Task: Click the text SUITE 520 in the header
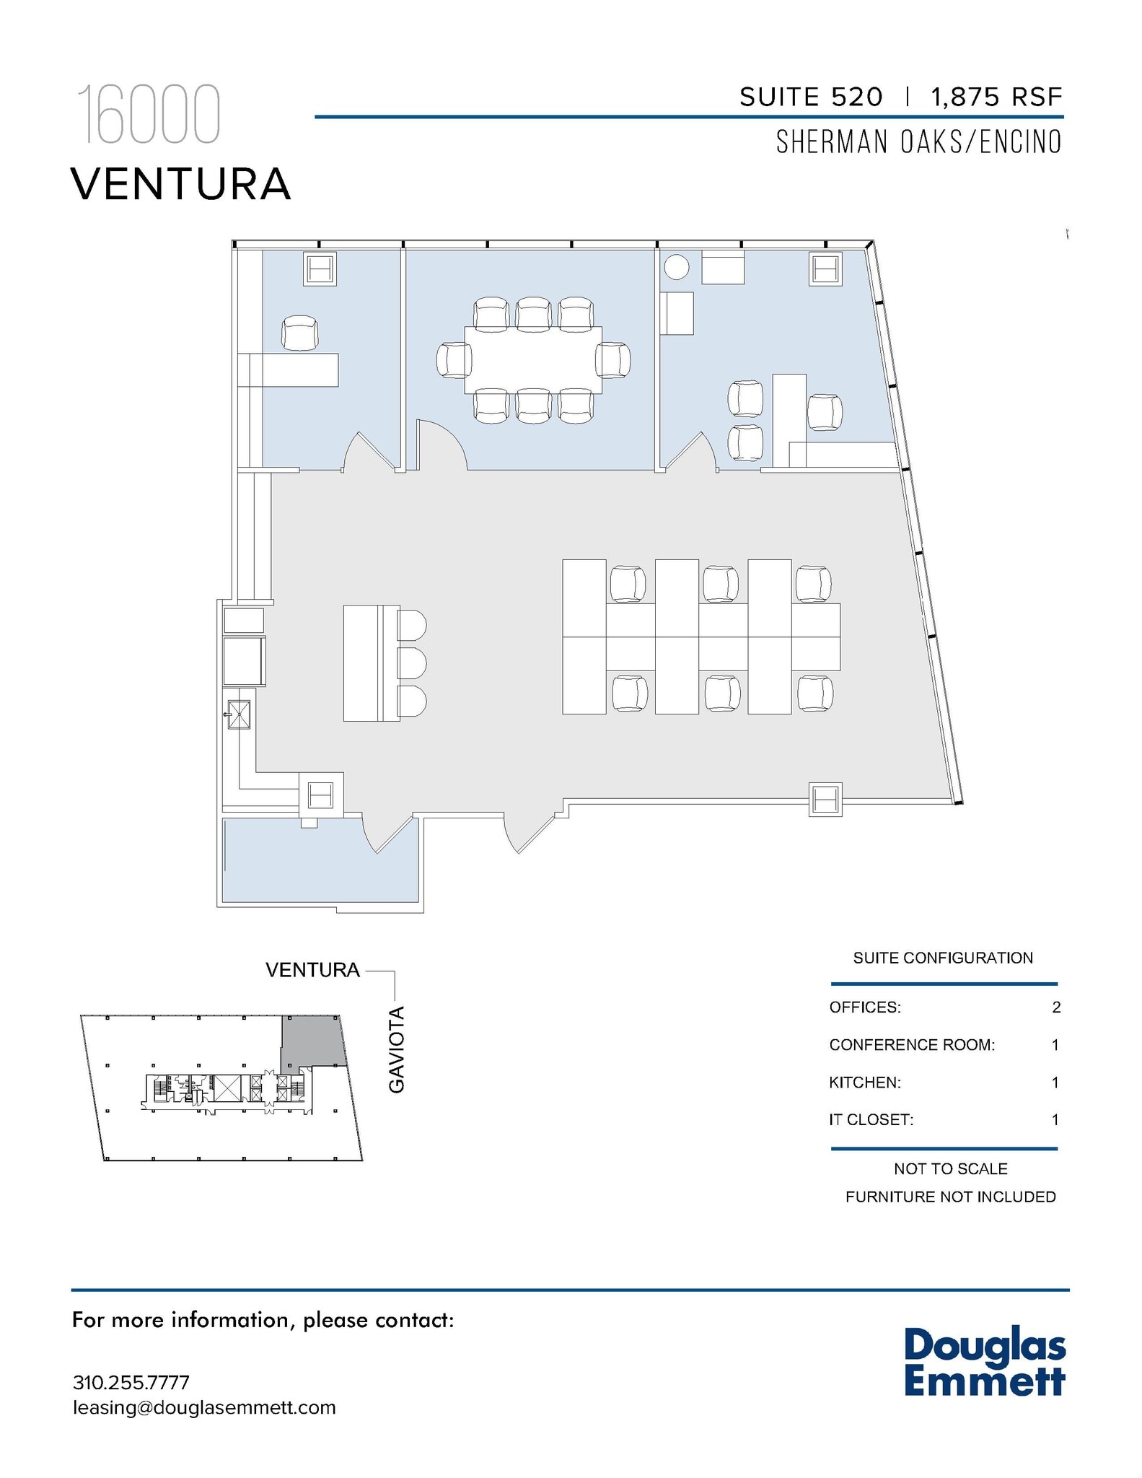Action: (x=810, y=97)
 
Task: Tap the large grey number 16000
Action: (x=148, y=115)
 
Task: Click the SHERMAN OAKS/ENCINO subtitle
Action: (x=918, y=142)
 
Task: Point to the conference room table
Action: (x=533, y=359)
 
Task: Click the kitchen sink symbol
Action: (x=239, y=714)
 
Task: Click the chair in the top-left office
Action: (x=299, y=333)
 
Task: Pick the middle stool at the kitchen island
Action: (x=412, y=663)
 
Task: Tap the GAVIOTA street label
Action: (x=397, y=1049)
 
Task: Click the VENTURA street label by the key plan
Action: (x=312, y=970)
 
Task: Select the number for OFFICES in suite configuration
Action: (x=1056, y=1007)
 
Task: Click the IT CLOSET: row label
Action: (x=871, y=1120)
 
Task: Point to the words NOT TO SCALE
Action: (x=950, y=1168)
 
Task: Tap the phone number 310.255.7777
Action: (x=131, y=1383)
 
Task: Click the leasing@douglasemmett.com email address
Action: (x=204, y=1407)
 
